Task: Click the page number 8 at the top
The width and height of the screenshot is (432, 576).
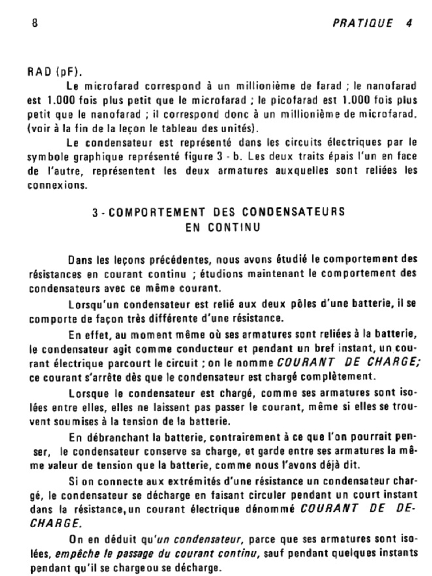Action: click(35, 23)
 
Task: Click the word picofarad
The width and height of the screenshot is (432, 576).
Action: click(283, 102)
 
